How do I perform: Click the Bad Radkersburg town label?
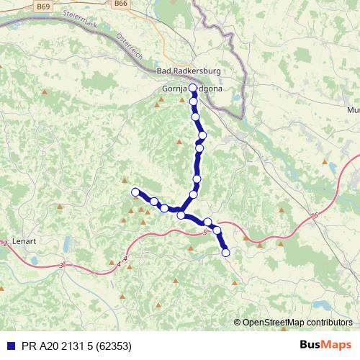(188, 71)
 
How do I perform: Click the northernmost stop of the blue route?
(192, 88)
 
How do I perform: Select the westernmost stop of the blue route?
(135, 192)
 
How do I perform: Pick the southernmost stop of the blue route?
(225, 252)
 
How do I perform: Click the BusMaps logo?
(325, 344)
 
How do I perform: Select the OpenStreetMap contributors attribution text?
(297, 322)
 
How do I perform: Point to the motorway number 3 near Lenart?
(61, 266)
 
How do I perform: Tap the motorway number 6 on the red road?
(315, 216)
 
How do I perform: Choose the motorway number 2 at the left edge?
(5, 243)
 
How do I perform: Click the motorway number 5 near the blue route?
(205, 232)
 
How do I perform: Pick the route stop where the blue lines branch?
(181, 215)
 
